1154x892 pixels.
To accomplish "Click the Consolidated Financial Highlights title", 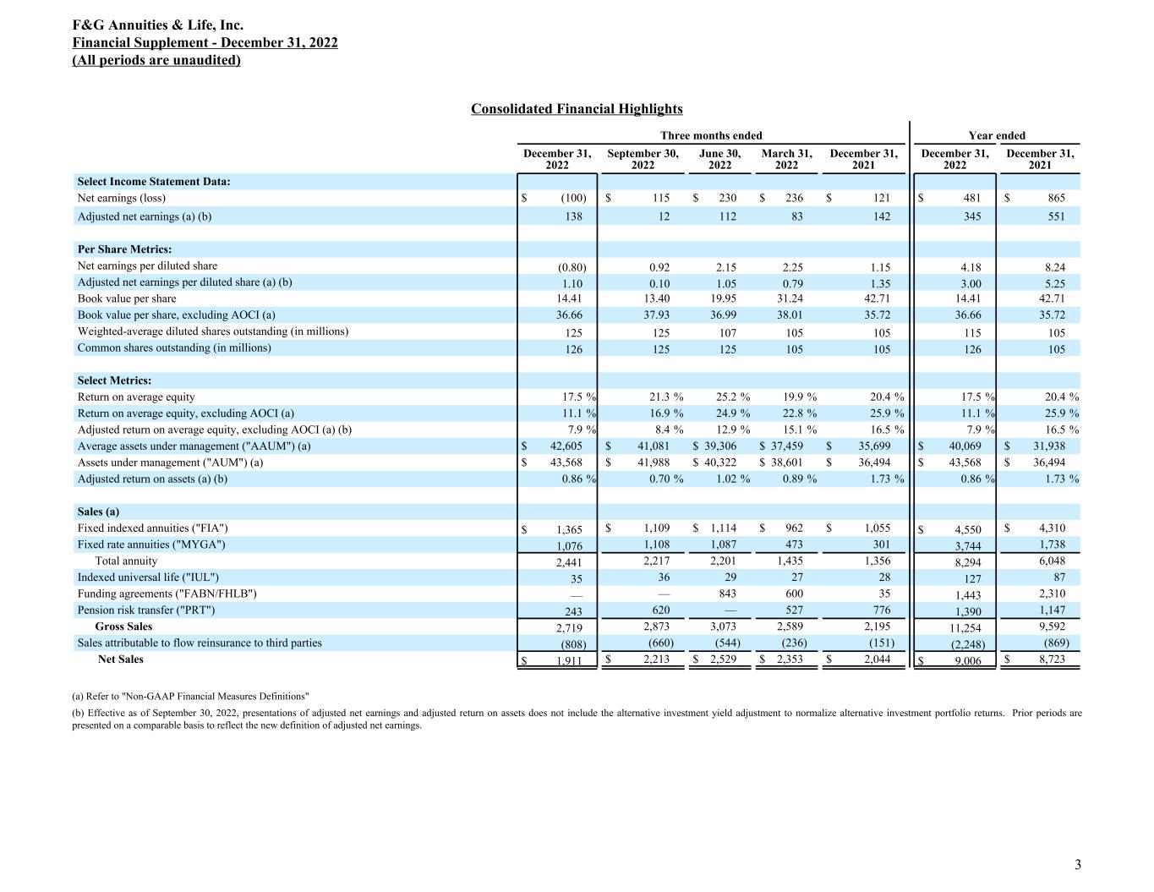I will [x=577, y=109].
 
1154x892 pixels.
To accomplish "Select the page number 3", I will [x=1077, y=864].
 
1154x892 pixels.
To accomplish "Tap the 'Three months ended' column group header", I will [x=711, y=135].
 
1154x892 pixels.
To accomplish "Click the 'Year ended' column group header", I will [x=997, y=135].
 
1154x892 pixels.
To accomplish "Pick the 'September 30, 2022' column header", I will [x=643, y=159].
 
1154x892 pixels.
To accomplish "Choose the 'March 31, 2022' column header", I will [x=786, y=159].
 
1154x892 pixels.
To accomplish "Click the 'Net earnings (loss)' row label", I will [x=122, y=198].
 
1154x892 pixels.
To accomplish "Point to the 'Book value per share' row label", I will [x=127, y=298].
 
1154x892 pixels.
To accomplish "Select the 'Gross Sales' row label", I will [x=123, y=627].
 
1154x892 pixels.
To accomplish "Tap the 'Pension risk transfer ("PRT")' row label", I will [x=146, y=610].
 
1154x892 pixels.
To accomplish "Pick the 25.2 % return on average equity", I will [x=732, y=397].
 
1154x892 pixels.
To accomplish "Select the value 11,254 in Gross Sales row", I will [x=965, y=627].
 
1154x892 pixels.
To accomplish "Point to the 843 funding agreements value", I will [x=726, y=594].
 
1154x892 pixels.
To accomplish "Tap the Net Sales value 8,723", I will [x=1051, y=659].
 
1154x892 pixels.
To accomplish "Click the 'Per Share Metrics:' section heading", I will [x=124, y=249].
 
